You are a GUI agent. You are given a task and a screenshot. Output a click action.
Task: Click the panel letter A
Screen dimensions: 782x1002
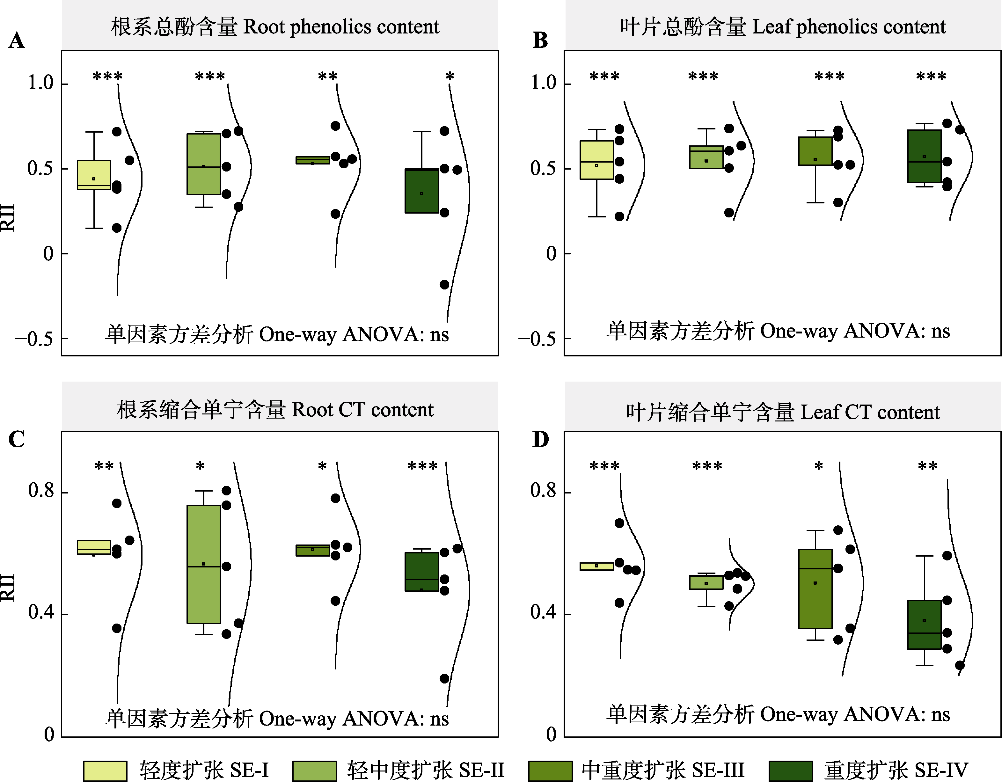coord(17,40)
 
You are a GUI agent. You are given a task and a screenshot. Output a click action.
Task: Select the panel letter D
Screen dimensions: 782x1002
coord(540,439)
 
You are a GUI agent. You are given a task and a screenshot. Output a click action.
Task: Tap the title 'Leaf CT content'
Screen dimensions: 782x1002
coord(870,412)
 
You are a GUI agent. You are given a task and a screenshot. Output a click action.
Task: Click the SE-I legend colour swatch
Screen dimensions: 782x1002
coord(105,771)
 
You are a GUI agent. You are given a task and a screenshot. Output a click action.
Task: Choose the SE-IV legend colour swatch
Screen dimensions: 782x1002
coord(791,771)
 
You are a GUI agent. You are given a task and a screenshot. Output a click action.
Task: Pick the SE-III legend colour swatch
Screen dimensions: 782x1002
coord(550,771)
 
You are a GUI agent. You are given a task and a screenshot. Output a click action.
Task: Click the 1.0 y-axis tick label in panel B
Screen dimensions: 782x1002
coord(544,83)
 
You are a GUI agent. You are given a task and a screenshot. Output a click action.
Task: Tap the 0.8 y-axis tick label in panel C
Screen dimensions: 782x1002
coord(41,491)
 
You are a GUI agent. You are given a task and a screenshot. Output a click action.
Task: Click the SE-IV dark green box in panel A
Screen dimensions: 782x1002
coord(421,191)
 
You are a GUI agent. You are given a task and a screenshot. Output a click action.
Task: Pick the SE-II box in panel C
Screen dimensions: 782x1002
coord(203,565)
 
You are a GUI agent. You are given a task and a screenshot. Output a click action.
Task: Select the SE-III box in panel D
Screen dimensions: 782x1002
coord(815,589)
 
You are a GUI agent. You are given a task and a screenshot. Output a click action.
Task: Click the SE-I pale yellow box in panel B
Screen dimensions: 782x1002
coord(596,160)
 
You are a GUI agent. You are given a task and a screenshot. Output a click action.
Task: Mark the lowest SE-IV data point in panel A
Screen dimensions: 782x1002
coord(444,285)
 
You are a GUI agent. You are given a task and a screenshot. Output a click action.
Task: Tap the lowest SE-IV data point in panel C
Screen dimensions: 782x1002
coord(444,679)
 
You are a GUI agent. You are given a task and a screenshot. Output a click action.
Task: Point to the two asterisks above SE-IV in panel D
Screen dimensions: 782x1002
coord(927,466)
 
